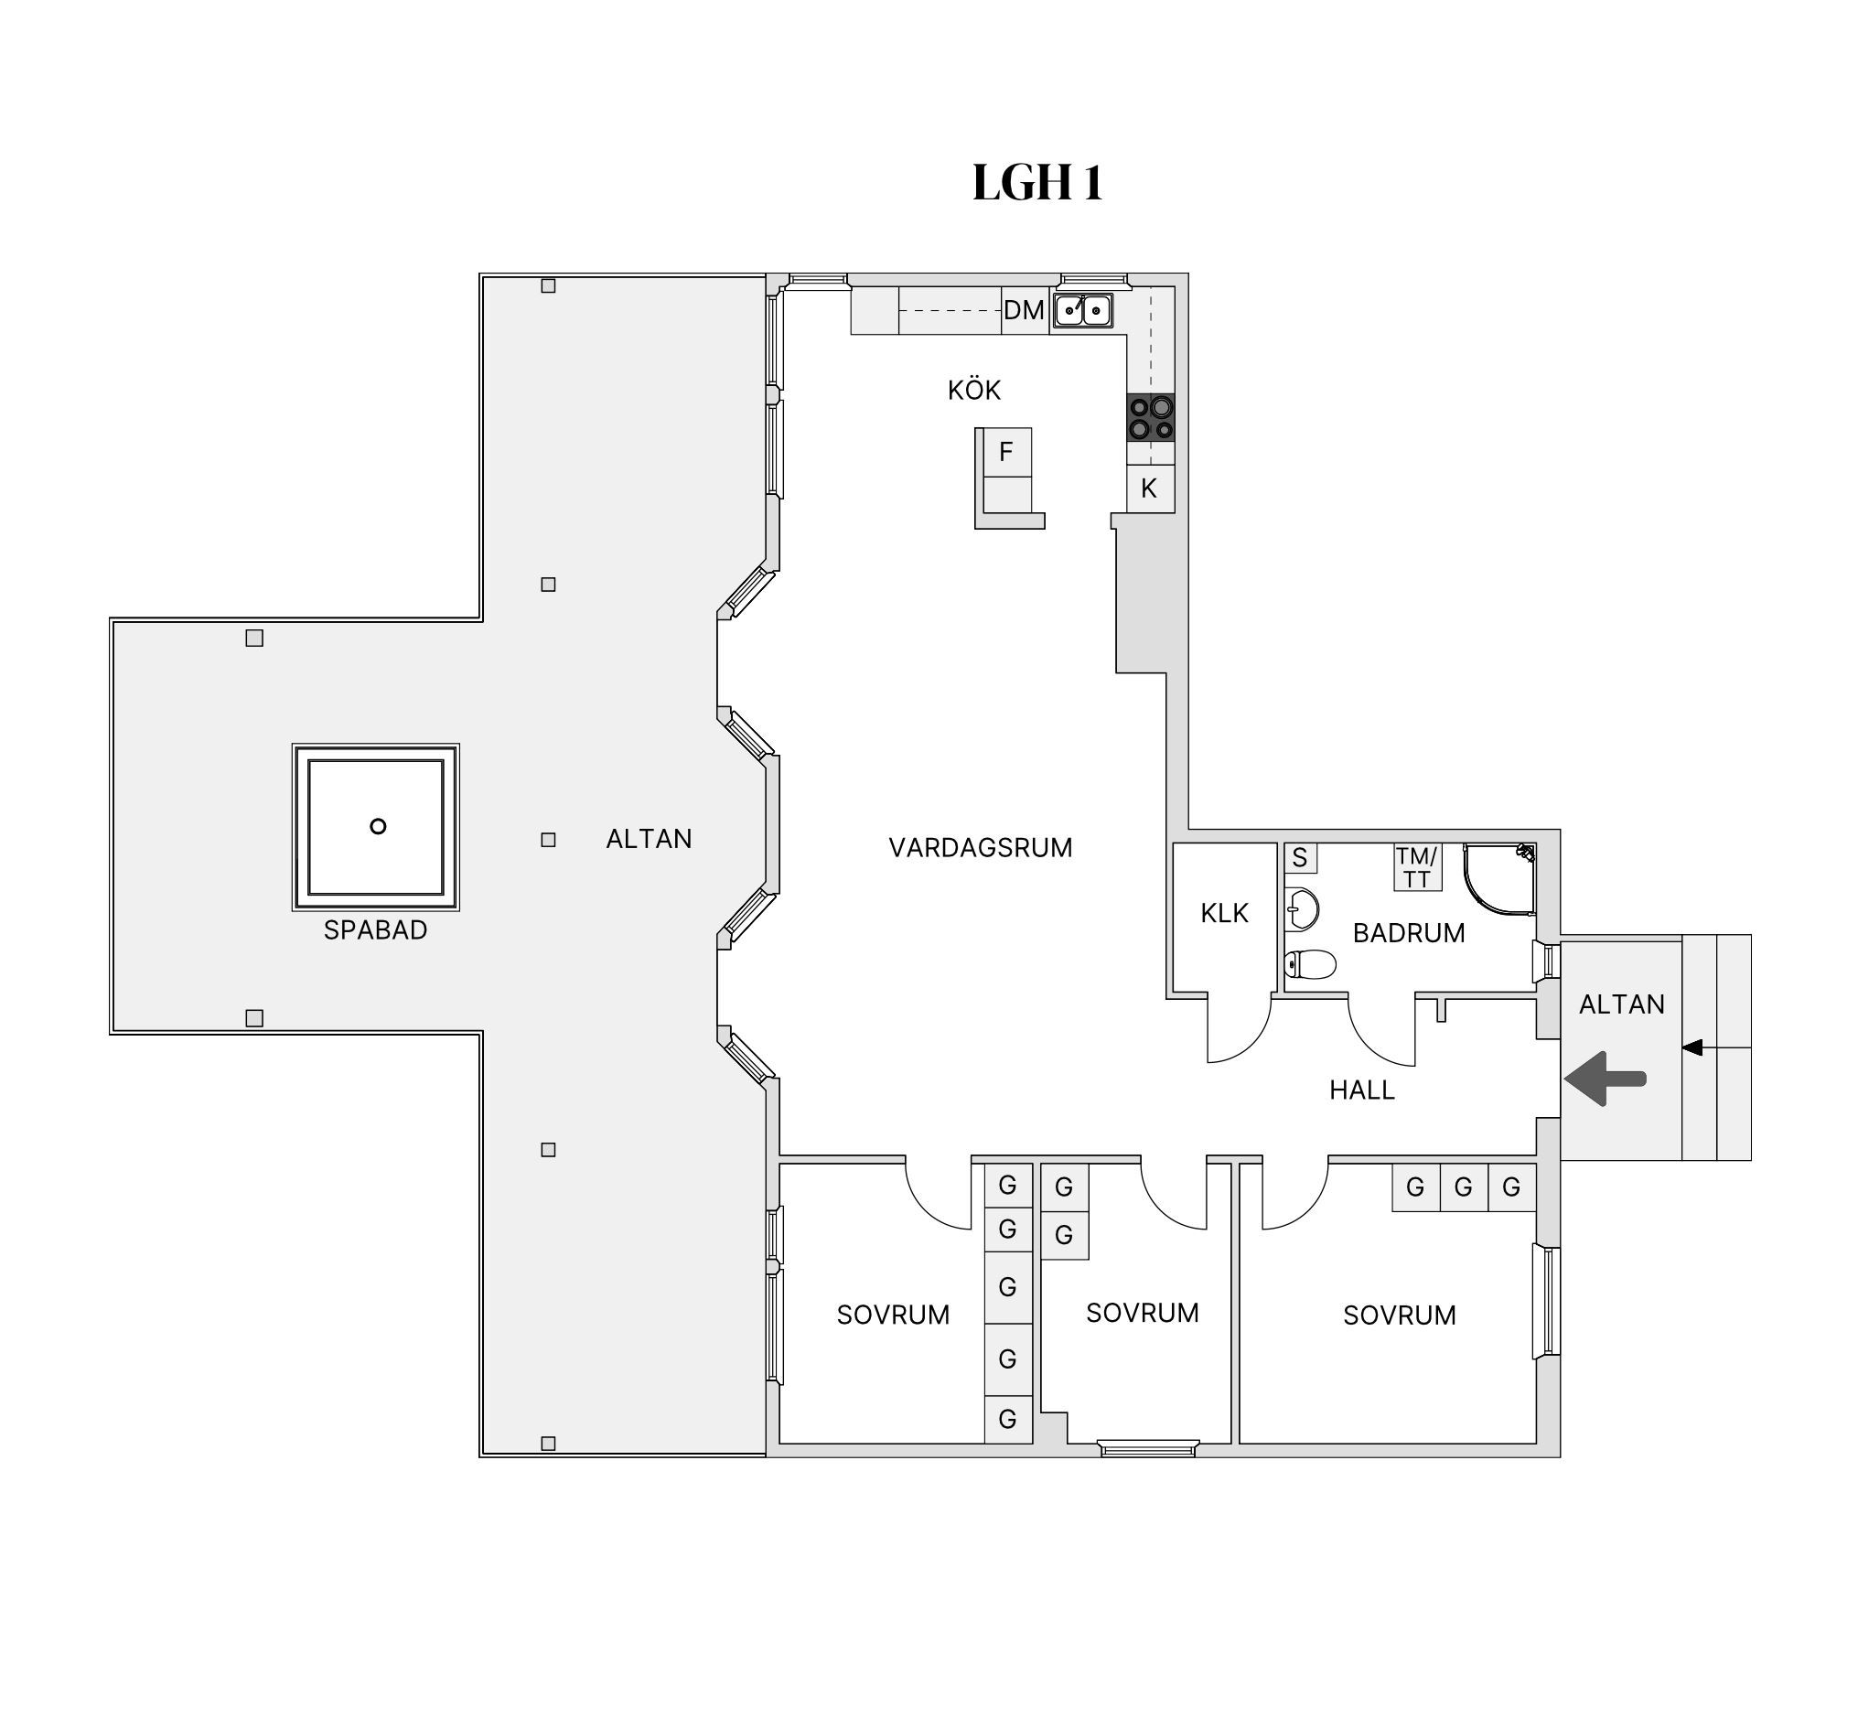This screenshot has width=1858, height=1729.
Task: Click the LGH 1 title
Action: pyautogui.click(x=1037, y=182)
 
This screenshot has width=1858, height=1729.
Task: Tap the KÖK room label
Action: pyautogui.click(x=974, y=390)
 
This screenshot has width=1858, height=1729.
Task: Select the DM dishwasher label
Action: pyautogui.click(x=1024, y=310)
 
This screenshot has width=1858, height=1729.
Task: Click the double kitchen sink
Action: pyautogui.click(x=1083, y=310)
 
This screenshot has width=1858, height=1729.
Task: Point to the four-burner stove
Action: pyautogui.click(x=1151, y=417)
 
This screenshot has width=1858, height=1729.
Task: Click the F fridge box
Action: pyautogui.click(x=1006, y=452)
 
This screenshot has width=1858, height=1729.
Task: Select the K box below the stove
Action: pyautogui.click(x=1150, y=488)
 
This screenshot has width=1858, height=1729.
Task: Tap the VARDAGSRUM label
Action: pyautogui.click(x=981, y=848)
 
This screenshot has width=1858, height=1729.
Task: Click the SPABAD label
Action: pyautogui.click(x=375, y=930)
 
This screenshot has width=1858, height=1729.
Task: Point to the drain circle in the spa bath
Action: pyautogui.click(x=378, y=826)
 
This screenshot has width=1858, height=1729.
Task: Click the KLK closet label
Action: pyautogui.click(x=1224, y=913)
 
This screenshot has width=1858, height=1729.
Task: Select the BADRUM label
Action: pyautogui.click(x=1409, y=933)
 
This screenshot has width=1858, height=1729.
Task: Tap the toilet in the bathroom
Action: pyautogui.click(x=1309, y=963)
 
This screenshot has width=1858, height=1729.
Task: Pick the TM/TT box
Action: pyautogui.click(x=1417, y=867)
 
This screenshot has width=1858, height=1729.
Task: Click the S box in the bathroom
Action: pyautogui.click(x=1300, y=858)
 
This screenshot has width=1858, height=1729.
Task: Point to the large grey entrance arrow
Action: pyautogui.click(x=1605, y=1079)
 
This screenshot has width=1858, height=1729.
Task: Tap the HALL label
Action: pyautogui.click(x=1362, y=1090)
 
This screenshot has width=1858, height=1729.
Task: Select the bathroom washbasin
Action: pyautogui.click(x=1302, y=907)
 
